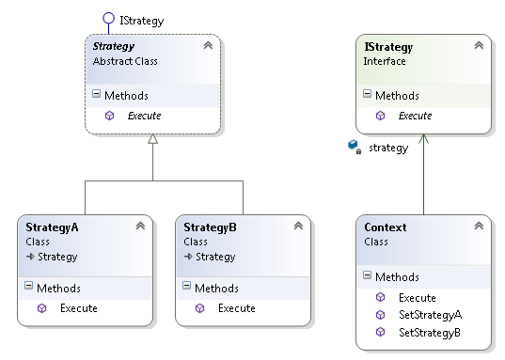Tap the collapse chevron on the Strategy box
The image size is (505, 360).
click(x=207, y=45)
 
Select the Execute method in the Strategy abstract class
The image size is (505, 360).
click(x=144, y=116)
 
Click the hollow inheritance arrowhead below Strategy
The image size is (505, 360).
click(x=152, y=140)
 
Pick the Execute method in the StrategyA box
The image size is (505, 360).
click(x=78, y=307)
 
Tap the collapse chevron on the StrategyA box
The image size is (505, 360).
click(x=140, y=227)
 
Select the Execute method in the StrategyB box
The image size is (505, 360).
click(x=236, y=307)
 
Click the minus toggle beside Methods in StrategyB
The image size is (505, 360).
click(x=187, y=288)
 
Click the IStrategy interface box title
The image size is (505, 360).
click(x=387, y=45)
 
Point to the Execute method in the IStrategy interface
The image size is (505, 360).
click(x=415, y=116)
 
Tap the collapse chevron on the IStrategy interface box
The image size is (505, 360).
click(x=478, y=45)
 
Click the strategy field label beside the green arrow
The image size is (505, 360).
click(x=387, y=148)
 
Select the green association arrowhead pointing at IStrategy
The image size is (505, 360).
click(x=423, y=137)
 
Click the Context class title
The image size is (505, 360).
click(x=386, y=227)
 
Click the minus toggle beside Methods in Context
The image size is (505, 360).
click(x=368, y=277)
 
